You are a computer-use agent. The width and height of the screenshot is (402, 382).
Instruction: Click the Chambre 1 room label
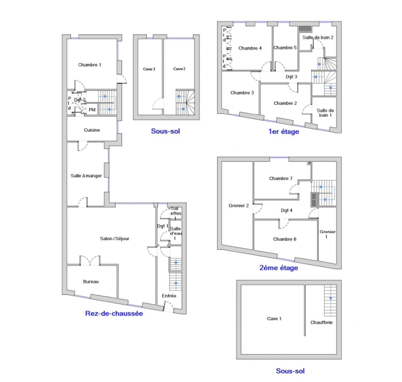pyautogui.click(x=90, y=65)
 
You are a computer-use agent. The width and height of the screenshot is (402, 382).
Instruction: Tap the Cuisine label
pyautogui.click(x=92, y=130)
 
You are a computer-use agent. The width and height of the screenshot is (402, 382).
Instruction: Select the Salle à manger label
pyautogui.click(x=86, y=176)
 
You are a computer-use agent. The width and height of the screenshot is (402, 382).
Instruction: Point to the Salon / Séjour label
pyautogui.click(x=115, y=239)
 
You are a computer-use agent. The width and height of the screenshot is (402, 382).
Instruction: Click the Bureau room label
pyautogui.click(x=91, y=282)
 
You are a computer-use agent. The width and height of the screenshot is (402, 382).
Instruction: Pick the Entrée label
pyautogui.click(x=169, y=296)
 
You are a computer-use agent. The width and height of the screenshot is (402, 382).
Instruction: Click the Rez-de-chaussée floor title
pyautogui.click(x=114, y=313)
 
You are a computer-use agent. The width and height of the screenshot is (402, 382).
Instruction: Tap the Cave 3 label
pyautogui.click(x=149, y=69)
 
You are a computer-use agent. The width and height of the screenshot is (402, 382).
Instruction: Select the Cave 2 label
pyautogui.click(x=179, y=69)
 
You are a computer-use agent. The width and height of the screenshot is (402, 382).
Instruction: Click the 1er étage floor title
pyautogui.click(x=283, y=132)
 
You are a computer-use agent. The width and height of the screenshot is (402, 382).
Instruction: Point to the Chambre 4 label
pyautogui.click(x=250, y=48)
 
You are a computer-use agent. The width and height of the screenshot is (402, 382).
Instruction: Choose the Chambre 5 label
pyautogui.click(x=285, y=48)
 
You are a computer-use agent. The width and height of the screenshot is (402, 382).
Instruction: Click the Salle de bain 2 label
pyautogui.click(x=318, y=37)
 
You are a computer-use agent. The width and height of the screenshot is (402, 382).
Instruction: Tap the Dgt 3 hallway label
pyautogui.click(x=291, y=76)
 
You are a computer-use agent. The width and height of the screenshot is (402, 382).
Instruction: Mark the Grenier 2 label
pyautogui.click(x=239, y=206)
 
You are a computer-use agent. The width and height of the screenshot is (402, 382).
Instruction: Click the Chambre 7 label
pyautogui.click(x=281, y=179)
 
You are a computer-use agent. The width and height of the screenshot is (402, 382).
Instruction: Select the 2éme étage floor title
pyautogui.click(x=278, y=268)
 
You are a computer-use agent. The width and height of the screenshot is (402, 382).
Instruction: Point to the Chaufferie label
pyautogui.click(x=321, y=323)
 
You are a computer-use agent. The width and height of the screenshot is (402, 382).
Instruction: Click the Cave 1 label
pyautogui.click(x=274, y=319)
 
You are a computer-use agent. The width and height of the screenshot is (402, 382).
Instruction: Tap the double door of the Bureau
pyautogui.click(x=90, y=261)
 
